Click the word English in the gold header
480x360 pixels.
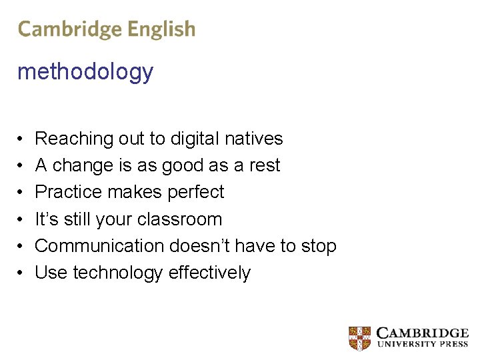click(162, 29)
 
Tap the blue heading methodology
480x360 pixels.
click(85, 71)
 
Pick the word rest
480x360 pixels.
click(265, 165)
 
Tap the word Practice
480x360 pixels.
click(66, 192)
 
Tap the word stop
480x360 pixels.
click(319, 246)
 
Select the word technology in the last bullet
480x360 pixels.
click(117, 273)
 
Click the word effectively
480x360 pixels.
click(209, 273)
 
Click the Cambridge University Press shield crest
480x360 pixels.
click(360, 338)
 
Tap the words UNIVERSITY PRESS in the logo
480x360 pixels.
click(423, 345)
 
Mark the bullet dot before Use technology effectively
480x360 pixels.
click(21, 273)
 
